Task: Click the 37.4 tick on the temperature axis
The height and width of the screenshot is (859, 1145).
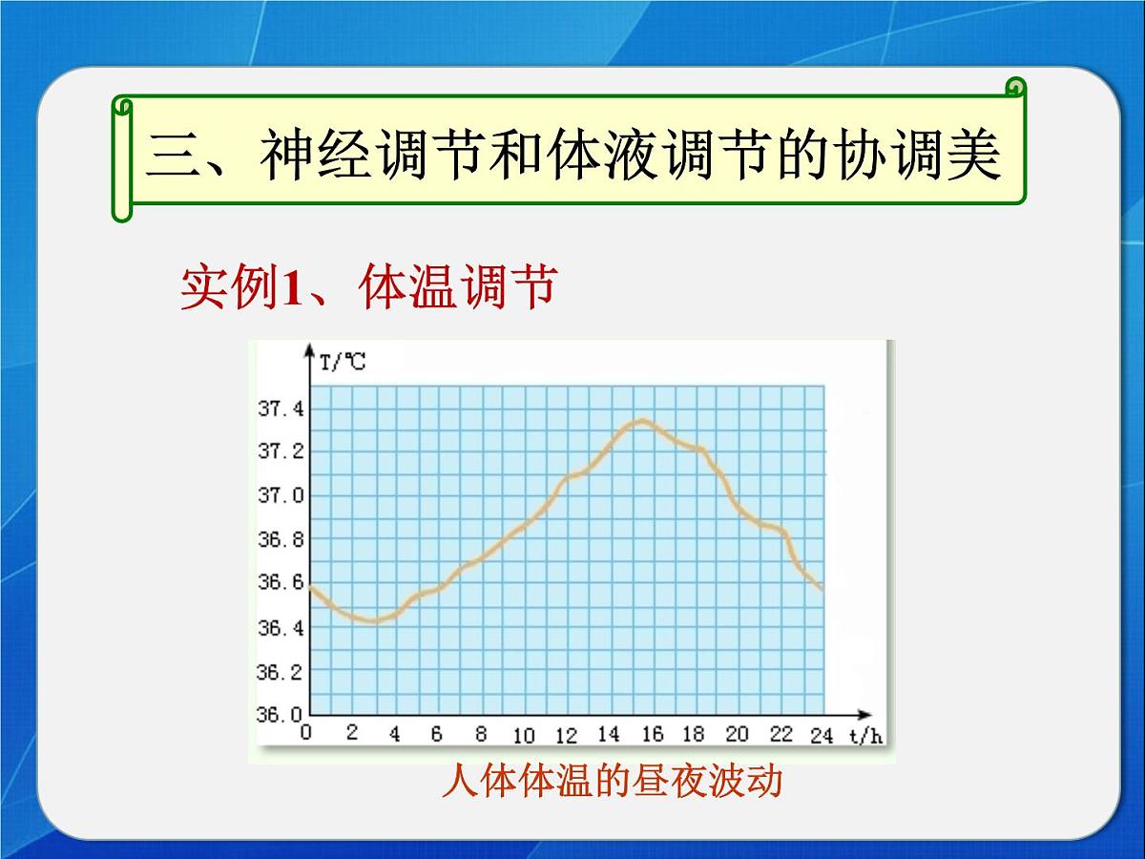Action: click(x=281, y=409)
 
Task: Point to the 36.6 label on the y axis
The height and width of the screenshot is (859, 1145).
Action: click(x=281, y=583)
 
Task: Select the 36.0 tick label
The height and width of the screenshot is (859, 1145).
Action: click(x=281, y=713)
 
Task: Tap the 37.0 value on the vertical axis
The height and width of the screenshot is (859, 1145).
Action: click(x=281, y=495)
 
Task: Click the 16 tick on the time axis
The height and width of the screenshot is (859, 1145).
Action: click(x=652, y=734)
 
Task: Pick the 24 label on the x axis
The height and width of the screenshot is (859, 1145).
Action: click(x=822, y=734)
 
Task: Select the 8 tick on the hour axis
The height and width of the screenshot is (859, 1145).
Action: click(x=481, y=734)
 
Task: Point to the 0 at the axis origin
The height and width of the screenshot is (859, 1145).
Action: click(x=306, y=733)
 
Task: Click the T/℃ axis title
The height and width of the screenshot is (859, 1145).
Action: click(x=343, y=362)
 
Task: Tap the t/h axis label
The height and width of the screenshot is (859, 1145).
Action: click(x=864, y=734)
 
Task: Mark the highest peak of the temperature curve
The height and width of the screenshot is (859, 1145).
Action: click(x=644, y=420)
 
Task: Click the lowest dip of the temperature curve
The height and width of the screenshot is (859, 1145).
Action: click(x=374, y=621)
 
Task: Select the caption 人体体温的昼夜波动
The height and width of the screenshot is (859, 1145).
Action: click(x=612, y=782)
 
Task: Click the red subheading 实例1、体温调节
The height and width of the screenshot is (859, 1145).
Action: click(x=367, y=286)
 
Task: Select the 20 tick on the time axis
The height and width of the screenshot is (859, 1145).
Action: click(x=737, y=734)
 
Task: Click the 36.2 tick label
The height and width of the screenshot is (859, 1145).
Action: click(x=281, y=671)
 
